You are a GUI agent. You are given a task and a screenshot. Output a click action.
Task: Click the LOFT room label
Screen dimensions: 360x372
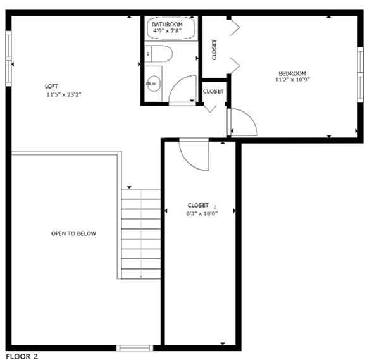[53, 86]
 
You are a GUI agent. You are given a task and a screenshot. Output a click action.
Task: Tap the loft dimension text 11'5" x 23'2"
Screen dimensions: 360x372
[65, 94]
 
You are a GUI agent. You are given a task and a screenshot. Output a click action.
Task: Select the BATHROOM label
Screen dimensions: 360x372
[168, 23]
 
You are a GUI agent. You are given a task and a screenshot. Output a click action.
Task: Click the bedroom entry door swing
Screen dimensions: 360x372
[243, 123]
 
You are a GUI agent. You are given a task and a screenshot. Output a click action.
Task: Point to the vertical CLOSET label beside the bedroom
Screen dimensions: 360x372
[214, 50]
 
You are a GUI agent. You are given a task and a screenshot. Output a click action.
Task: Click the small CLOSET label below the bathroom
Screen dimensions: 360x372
[213, 92]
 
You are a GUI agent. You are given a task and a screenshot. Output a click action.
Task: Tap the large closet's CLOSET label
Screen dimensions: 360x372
[198, 205]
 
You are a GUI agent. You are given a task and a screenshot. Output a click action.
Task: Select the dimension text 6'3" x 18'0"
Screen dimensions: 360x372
[198, 213]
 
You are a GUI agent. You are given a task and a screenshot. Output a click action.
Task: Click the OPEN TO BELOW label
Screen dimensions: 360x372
[73, 233]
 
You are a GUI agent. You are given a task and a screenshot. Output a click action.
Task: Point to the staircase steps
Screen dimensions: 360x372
[140, 234]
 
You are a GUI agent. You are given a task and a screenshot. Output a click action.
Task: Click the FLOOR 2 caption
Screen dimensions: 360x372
[22, 356]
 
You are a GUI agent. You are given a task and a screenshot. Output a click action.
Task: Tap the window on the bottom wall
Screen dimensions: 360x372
[135, 347]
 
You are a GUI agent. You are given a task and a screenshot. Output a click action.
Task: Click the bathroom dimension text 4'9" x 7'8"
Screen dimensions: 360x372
[168, 30]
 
